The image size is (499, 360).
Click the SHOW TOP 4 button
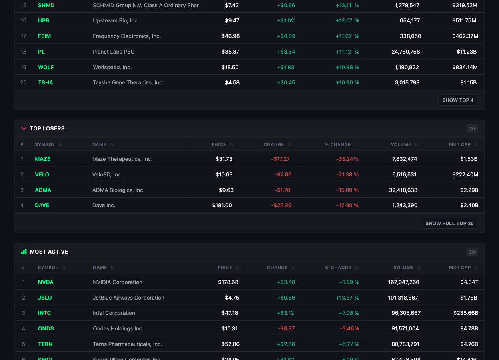[458, 100]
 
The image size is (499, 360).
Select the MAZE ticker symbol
[42, 159]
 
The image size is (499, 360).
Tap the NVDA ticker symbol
[46, 282]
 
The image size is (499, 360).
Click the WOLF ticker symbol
[46, 67]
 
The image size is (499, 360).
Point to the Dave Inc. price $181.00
[222, 205]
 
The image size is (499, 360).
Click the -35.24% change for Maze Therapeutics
[347, 159]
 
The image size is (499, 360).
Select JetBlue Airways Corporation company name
[128, 298]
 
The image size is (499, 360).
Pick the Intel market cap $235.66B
[465, 313]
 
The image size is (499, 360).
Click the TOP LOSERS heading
[47, 128]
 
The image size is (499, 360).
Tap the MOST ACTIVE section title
[49, 252]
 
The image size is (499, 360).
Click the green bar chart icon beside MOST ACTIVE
[24, 252]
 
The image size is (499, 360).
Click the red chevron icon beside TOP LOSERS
[24, 128]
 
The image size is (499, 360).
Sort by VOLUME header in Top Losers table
[401, 144]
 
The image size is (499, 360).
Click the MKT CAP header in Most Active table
[460, 268]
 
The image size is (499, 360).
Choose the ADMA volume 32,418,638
[403, 190]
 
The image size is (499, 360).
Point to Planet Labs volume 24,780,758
[405, 52]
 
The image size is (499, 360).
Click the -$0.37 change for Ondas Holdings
[286, 328]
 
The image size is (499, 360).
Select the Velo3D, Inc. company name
[107, 174]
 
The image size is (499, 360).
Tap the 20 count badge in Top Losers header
[472, 129]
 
